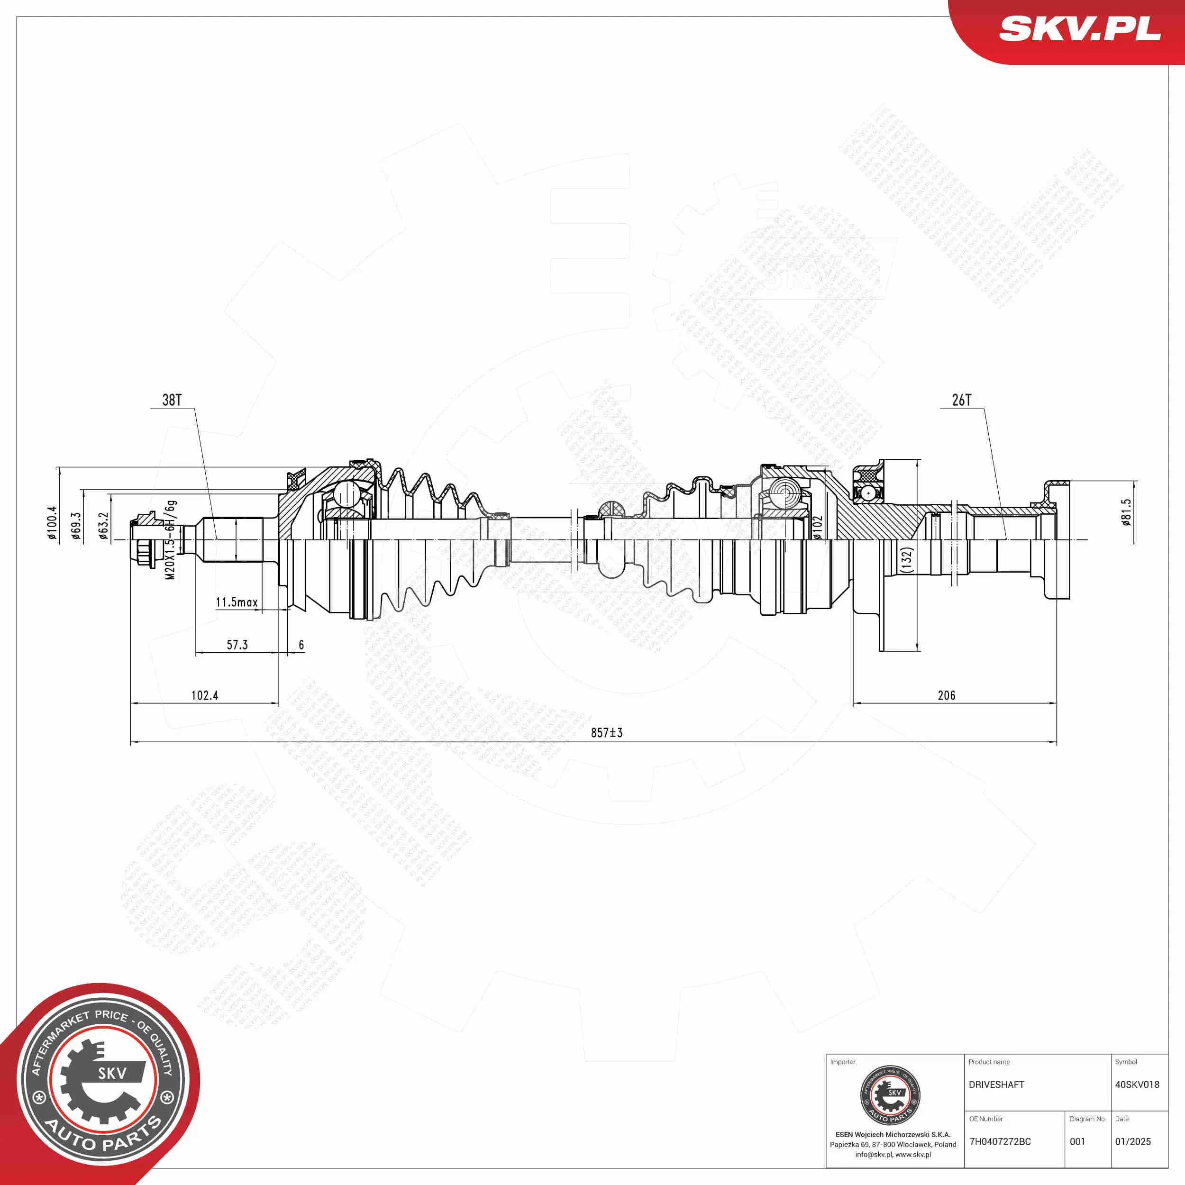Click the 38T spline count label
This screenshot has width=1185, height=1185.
click(172, 400)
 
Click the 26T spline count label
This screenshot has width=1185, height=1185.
click(961, 400)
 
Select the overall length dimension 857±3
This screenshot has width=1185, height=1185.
click(606, 732)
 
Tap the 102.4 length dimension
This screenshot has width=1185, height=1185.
click(204, 695)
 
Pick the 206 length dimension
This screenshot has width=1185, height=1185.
click(946, 695)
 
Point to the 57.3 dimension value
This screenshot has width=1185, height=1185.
click(237, 645)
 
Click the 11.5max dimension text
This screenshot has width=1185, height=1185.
click(236, 602)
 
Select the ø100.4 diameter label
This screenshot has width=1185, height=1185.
click(52, 522)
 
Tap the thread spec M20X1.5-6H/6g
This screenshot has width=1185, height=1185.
click(170, 540)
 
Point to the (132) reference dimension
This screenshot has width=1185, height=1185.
click(907, 559)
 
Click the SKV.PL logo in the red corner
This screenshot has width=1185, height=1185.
click(1079, 29)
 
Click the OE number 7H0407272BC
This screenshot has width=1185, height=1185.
click(1000, 1141)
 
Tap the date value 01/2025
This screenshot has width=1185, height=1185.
click(1132, 1141)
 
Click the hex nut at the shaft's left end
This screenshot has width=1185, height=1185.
click(144, 540)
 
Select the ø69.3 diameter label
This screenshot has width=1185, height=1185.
click(76, 526)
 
